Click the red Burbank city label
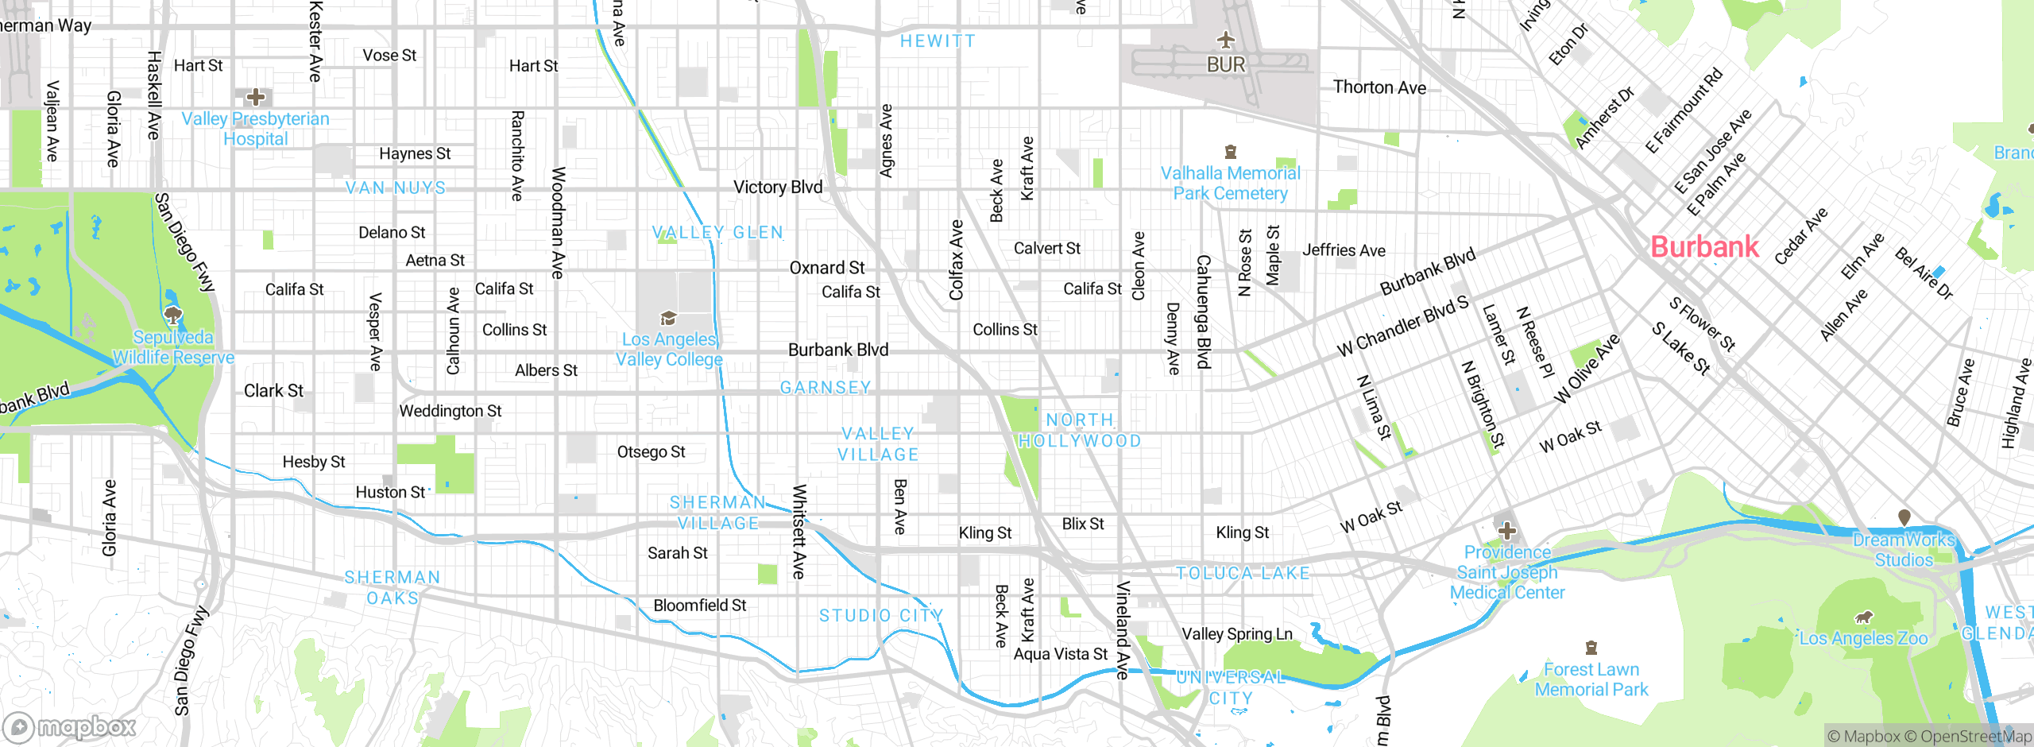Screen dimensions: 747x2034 1704,246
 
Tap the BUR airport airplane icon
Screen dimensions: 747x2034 1226,40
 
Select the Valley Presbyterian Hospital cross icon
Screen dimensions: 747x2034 255,98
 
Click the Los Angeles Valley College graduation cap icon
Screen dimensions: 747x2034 668,319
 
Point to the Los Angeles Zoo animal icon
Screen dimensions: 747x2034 1864,617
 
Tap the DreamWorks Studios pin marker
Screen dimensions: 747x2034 1904,517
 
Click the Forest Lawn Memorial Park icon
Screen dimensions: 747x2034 1591,648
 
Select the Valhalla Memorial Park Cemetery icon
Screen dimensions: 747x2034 1231,152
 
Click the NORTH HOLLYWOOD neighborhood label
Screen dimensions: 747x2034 1080,430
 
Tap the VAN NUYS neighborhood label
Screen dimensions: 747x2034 396,188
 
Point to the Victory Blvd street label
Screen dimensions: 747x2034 777,187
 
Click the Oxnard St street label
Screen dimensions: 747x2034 826,268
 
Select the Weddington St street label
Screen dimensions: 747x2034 450,411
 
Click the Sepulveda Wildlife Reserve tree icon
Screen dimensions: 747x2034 173,315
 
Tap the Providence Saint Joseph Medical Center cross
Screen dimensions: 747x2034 1506,531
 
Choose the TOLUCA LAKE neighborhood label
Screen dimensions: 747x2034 1243,573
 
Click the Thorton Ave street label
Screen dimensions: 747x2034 1379,87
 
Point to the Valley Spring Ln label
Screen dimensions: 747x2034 1237,633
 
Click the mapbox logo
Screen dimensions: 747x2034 70,726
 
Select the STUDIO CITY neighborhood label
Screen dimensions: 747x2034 881,615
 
